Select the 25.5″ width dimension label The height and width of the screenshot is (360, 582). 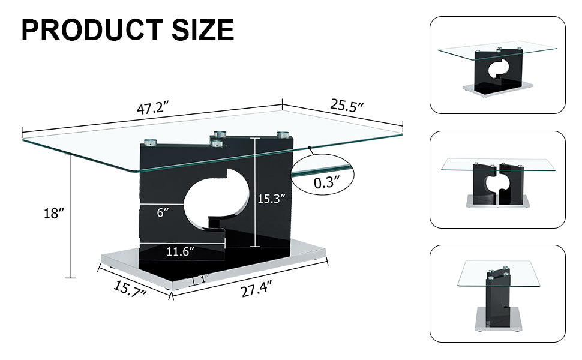(x=347, y=106)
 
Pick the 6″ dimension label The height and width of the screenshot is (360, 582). (x=162, y=212)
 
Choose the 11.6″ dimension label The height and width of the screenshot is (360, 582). (x=181, y=252)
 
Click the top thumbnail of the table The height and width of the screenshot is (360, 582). (x=497, y=65)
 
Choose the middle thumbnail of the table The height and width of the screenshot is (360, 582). (x=497, y=179)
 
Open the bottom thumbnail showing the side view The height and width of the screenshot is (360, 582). (x=497, y=293)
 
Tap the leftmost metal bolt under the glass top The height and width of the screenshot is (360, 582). (x=149, y=143)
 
